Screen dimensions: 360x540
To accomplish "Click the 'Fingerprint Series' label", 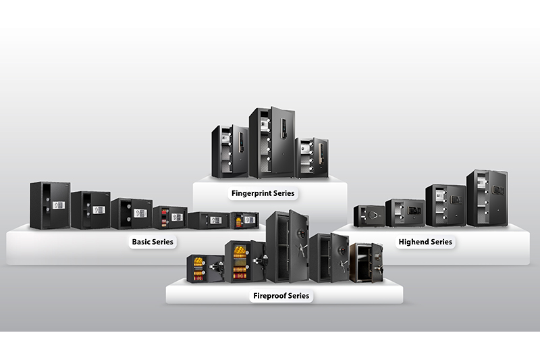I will [263, 193].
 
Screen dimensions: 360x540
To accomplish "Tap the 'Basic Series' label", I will [153, 241].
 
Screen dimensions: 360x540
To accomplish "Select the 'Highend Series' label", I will [425, 241].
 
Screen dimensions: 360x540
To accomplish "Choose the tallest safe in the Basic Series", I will [49, 205].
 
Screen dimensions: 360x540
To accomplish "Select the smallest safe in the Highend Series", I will [369, 215].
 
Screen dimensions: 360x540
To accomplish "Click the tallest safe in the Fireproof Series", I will [286, 247].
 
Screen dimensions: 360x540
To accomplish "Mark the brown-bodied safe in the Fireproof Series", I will [365, 261].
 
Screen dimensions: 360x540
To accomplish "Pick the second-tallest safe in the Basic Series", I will [90, 210].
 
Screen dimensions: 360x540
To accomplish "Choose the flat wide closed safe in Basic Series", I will [209, 220].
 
